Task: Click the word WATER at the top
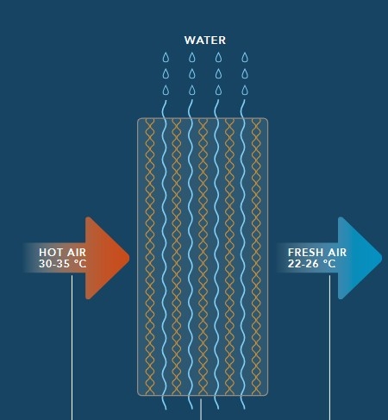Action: (205, 41)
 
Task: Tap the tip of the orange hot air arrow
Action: (129, 258)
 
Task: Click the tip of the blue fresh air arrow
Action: (381, 258)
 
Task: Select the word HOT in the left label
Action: (51, 253)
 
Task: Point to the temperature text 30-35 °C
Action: (62, 264)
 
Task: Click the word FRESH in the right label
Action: (305, 253)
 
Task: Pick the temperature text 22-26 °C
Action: (311, 264)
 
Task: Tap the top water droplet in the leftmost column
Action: (166, 57)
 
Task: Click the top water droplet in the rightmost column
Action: (245, 57)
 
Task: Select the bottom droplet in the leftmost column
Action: (166, 90)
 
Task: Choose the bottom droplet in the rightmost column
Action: (245, 90)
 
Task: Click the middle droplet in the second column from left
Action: (192, 73)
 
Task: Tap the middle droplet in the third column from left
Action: (218, 73)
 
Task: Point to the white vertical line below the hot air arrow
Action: (72, 348)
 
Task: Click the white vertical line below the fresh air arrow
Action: (329, 348)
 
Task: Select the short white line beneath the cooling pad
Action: (201, 410)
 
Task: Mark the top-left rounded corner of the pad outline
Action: (139, 119)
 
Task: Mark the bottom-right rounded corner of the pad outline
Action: (266, 394)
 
